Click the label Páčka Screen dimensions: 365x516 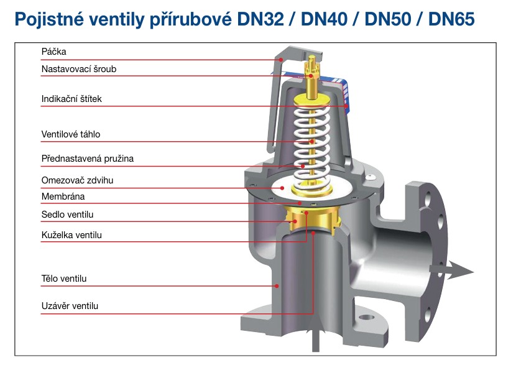click(x=53, y=52)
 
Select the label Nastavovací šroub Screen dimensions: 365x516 click(x=79, y=69)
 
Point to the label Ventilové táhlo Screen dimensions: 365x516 click(x=71, y=134)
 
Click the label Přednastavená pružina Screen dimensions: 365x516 click(x=88, y=158)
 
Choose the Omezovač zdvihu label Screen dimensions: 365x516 click(x=78, y=180)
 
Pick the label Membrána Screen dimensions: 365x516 click(x=63, y=196)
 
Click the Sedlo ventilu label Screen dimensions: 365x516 click(x=67, y=215)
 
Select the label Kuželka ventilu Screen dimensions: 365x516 click(x=71, y=235)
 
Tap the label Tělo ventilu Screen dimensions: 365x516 click(x=64, y=279)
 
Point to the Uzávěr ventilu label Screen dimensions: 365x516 click(x=70, y=306)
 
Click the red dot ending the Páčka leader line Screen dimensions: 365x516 click(x=282, y=60)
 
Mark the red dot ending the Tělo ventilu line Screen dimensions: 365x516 click(x=277, y=285)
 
